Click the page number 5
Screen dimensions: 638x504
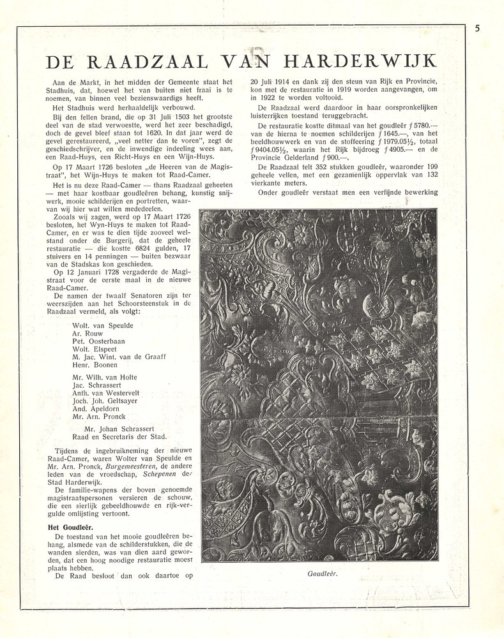477,28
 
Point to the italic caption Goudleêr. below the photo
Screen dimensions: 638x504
321,573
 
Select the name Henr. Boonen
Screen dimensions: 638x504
96,365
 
